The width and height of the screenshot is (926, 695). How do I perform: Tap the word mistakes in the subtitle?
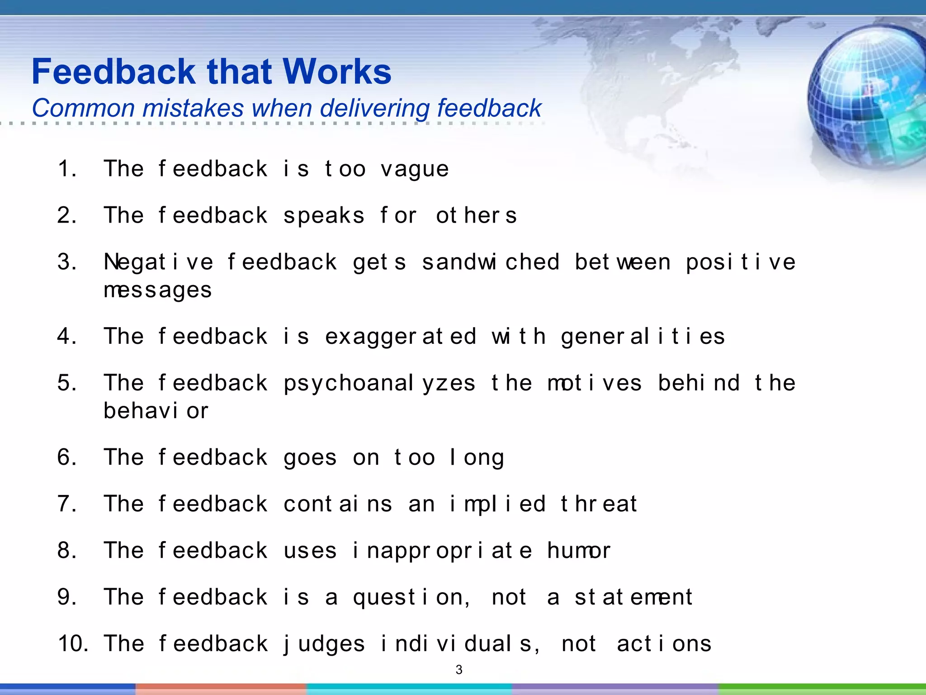pos(193,108)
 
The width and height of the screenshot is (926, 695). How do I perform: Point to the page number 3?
pos(459,670)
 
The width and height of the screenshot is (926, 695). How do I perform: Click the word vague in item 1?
pos(415,170)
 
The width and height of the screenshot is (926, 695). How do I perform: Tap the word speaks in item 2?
pos(324,216)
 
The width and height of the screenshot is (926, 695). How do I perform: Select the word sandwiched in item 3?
pos(491,262)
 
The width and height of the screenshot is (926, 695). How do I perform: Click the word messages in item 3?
pos(157,290)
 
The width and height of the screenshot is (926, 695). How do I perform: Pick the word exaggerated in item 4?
pos(401,337)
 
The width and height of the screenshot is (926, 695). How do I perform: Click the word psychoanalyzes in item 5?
pos(379,384)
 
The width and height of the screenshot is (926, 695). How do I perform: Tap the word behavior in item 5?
pos(156,411)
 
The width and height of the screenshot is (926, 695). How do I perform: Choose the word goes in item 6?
pos(310,458)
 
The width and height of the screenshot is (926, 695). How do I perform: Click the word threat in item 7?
pos(599,504)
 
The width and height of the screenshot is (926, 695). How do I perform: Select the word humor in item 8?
pos(578,551)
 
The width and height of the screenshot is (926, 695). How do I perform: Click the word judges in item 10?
pos(324,644)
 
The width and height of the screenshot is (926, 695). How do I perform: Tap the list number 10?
pos(73,643)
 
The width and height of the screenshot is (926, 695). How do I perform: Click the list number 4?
pos(66,337)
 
